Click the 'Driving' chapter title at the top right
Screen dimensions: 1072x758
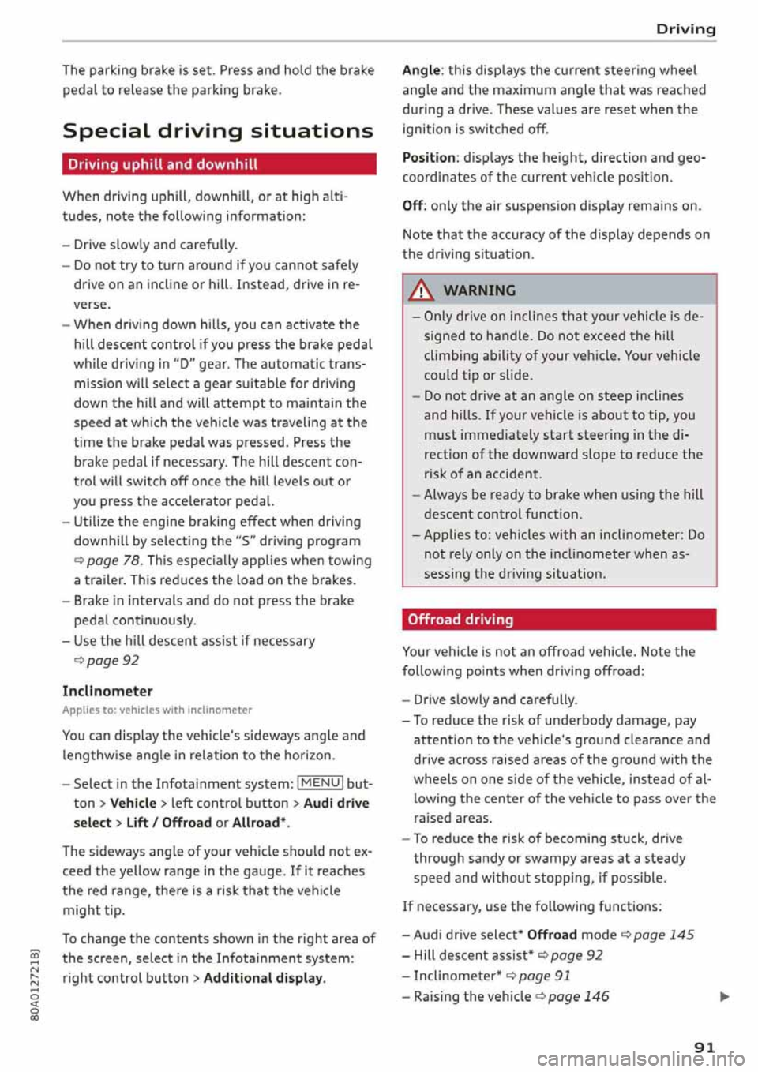point(685,29)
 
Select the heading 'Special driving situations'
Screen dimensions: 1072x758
point(218,130)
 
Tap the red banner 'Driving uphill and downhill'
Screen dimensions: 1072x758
point(219,164)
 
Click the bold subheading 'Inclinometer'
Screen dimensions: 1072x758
point(107,691)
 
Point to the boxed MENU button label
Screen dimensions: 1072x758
point(320,783)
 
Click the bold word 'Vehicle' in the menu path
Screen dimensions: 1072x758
point(133,803)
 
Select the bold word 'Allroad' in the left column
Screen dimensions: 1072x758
point(257,823)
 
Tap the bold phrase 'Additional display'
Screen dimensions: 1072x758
point(263,978)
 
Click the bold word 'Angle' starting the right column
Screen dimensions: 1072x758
point(421,70)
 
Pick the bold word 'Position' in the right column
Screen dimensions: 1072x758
point(429,157)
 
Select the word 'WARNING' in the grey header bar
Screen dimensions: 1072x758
point(479,290)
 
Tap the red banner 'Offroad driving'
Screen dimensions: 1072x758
point(558,620)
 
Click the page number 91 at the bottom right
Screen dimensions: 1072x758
point(704,1047)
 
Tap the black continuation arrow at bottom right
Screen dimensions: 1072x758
point(724,997)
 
